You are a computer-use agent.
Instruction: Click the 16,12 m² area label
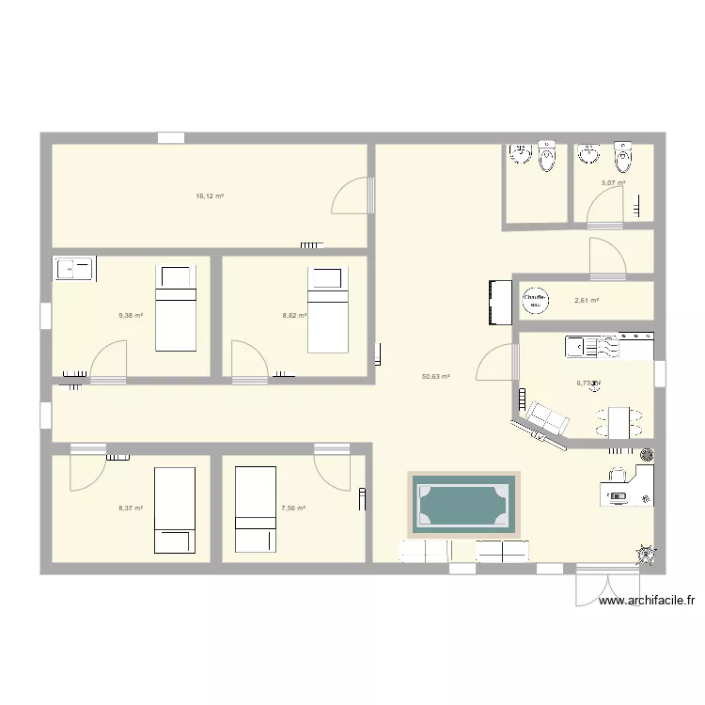[209, 196]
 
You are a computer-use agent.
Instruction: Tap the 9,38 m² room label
[131, 316]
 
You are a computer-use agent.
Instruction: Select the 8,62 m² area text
[294, 316]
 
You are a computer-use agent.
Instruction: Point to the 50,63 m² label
[435, 377]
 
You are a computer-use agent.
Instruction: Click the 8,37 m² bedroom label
[131, 509]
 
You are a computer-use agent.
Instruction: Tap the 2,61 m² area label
[587, 301]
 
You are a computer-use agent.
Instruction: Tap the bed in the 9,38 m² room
[175, 307]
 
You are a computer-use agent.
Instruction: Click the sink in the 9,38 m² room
[71, 270]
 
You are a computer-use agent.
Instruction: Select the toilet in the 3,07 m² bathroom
[623, 156]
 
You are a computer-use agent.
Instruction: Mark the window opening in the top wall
[171, 138]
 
